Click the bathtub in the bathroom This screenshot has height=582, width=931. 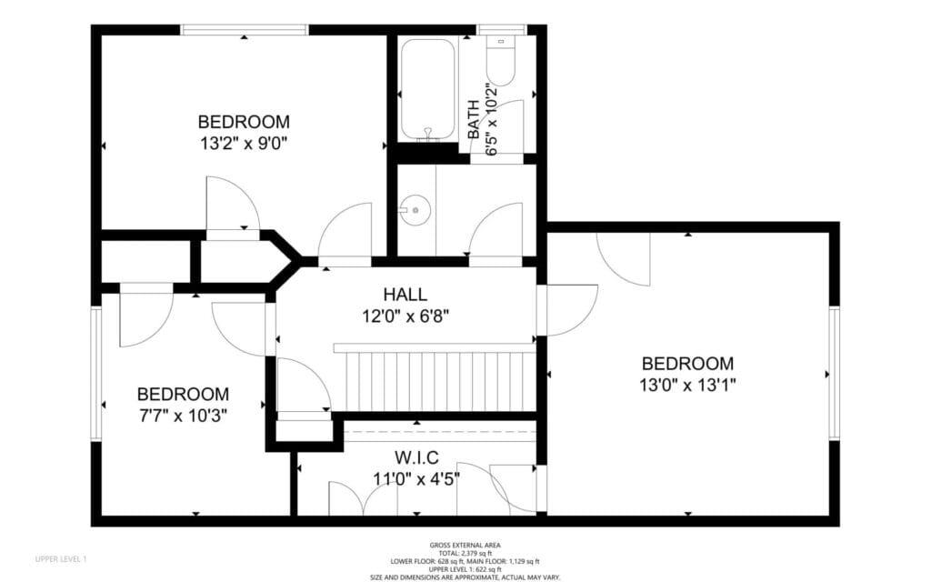[x=427, y=90]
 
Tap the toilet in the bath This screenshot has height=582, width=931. [x=501, y=60]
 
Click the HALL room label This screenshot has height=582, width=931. [x=405, y=294]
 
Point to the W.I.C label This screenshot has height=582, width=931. [x=416, y=457]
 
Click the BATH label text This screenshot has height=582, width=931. [x=473, y=119]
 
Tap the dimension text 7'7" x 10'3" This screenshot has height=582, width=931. [x=183, y=415]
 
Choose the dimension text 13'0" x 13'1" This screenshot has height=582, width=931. [x=687, y=385]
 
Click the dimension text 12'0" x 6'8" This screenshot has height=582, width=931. [x=405, y=316]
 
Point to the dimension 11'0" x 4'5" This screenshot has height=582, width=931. [x=416, y=478]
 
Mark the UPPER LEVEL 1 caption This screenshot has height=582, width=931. [x=61, y=559]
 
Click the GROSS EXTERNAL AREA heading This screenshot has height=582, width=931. [x=465, y=546]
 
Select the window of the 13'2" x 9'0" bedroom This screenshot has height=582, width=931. [x=244, y=30]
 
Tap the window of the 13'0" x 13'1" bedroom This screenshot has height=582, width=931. [x=835, y=373]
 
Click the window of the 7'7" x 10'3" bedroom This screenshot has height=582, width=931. [x=96, y=374]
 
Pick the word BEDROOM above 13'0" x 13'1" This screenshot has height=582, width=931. [x=687, y=363]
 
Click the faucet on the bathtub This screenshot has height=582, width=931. [x=427, y=134]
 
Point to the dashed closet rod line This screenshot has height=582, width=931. [x=440, y=431]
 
